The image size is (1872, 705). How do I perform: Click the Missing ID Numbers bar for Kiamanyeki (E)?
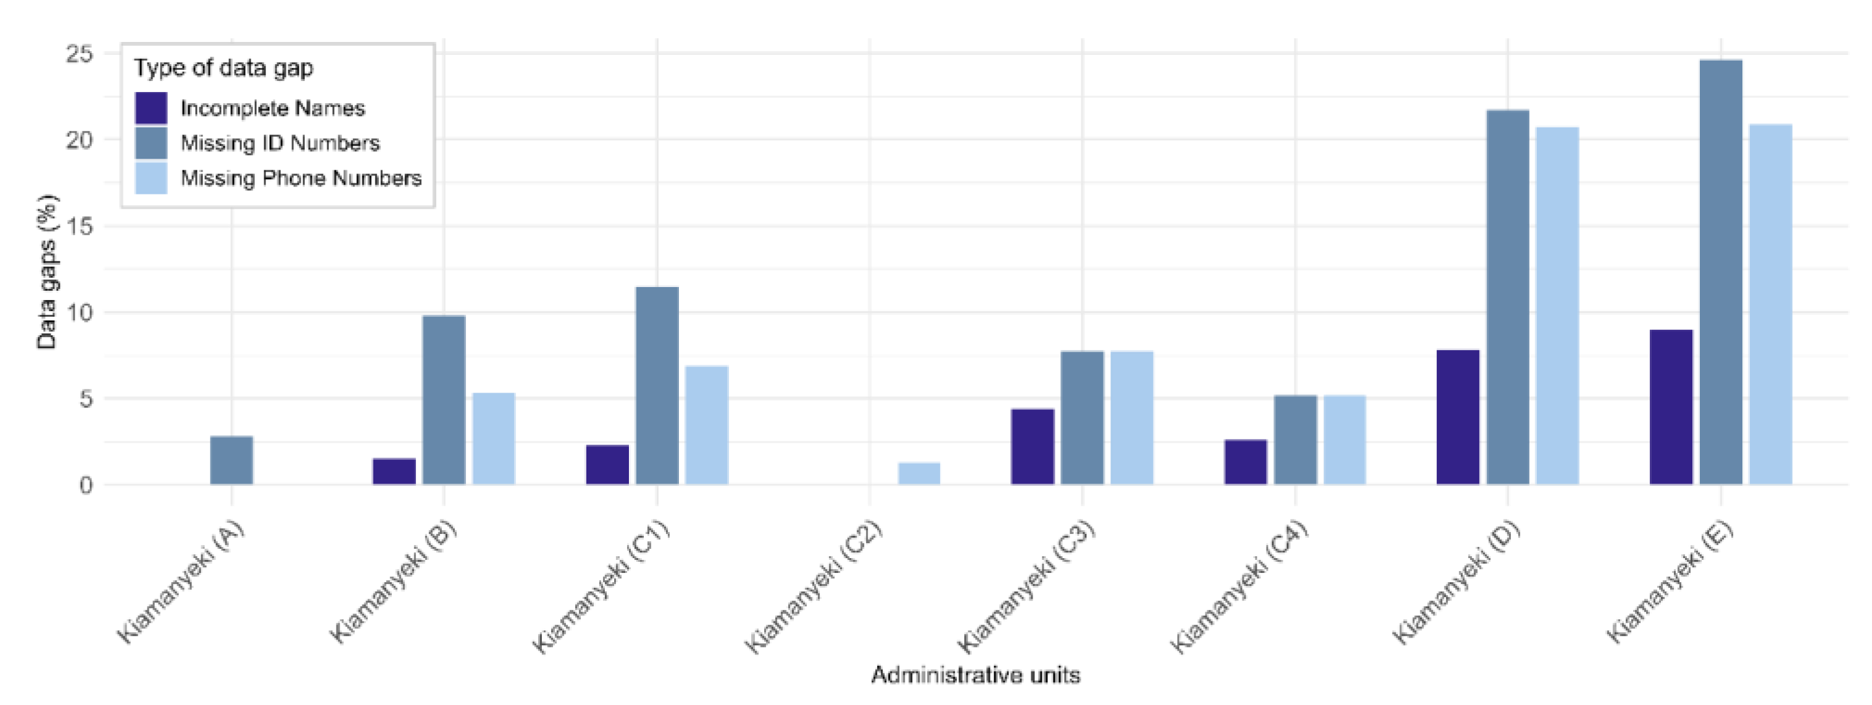click(1720, 272)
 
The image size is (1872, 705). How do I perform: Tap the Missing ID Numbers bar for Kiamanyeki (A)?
click(231, 460)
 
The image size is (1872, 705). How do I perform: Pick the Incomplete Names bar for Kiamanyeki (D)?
click(1458, 417)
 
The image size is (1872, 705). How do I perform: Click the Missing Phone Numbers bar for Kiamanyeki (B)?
click(493, 439)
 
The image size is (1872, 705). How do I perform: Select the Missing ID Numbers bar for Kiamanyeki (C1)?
click(657, 386)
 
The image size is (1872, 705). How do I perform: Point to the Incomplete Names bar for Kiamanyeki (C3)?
click(1032, 446)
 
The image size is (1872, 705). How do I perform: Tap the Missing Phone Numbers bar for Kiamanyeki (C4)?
click(1344, 440)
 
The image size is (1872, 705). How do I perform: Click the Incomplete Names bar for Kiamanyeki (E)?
click(1671, 407)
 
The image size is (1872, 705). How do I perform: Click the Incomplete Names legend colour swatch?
click(151, 107)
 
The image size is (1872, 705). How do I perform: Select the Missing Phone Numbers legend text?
click(301, 178)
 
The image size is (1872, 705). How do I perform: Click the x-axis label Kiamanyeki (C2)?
click(814, 586)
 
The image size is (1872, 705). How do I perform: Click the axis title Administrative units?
click(975, 675)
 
